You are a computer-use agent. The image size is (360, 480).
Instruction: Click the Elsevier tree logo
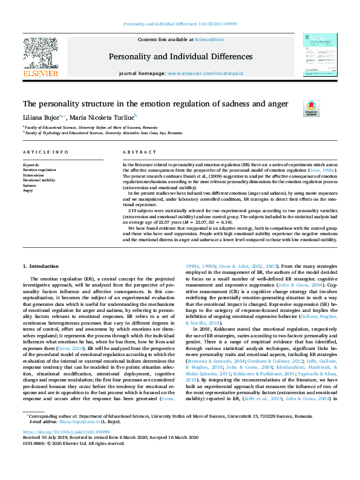tap(41, 53)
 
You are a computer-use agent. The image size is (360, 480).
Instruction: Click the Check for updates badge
tap(311, 108)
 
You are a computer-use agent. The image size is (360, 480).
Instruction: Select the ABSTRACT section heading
tap(136, 152)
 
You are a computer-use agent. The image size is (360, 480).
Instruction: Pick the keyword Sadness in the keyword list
tap(30, 185)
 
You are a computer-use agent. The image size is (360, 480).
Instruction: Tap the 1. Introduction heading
tap(41, 266)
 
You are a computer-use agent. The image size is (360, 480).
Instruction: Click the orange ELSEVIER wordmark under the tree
tap(41, 74)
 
